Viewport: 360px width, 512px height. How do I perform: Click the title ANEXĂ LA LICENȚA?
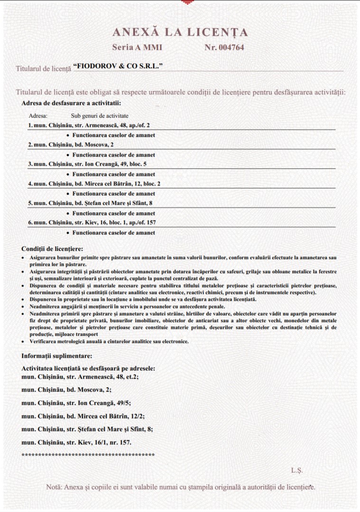pos(180,32)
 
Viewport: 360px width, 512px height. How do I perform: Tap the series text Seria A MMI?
pos(137,47)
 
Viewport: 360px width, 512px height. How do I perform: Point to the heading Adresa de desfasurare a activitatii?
pos(71,102)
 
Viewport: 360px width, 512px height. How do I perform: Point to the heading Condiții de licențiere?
pos(52,249)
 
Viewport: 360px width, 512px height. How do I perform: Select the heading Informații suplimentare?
pos(57,355)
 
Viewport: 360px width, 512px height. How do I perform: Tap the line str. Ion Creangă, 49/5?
pos(83,403)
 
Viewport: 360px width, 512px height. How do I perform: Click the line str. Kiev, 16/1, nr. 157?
pos(77,442)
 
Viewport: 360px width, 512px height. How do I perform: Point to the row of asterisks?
pos(88,455)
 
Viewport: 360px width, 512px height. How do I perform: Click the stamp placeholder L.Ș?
pos(297,470)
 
